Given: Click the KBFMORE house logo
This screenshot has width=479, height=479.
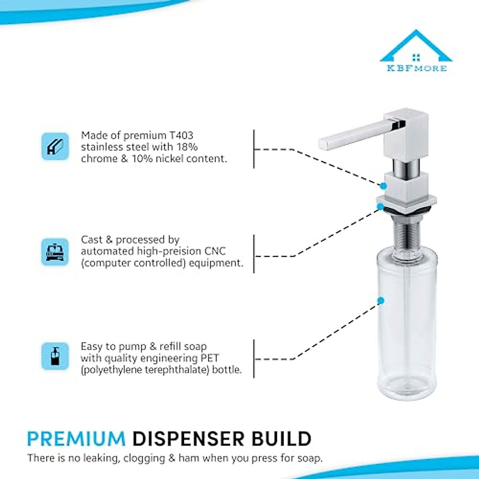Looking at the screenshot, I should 416,52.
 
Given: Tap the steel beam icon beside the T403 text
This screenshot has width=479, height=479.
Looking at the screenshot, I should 55,146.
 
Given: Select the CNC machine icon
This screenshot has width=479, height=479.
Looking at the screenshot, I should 55,252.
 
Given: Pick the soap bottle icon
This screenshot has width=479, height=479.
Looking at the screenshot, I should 55,356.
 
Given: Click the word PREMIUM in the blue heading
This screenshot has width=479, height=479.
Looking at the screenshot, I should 76,439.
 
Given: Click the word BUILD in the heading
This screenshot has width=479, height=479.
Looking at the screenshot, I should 281,439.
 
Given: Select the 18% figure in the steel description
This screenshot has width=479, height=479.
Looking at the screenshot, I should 187,147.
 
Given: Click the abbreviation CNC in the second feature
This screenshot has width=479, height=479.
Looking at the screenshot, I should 215,251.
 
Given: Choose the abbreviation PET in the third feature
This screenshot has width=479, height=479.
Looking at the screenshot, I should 209,358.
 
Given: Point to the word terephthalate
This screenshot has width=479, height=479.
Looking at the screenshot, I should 177,370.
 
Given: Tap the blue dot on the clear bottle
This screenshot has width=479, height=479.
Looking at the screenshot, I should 381,301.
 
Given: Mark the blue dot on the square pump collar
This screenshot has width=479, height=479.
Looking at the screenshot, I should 383,186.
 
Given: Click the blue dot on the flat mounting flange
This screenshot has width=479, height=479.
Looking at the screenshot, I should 380,207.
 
